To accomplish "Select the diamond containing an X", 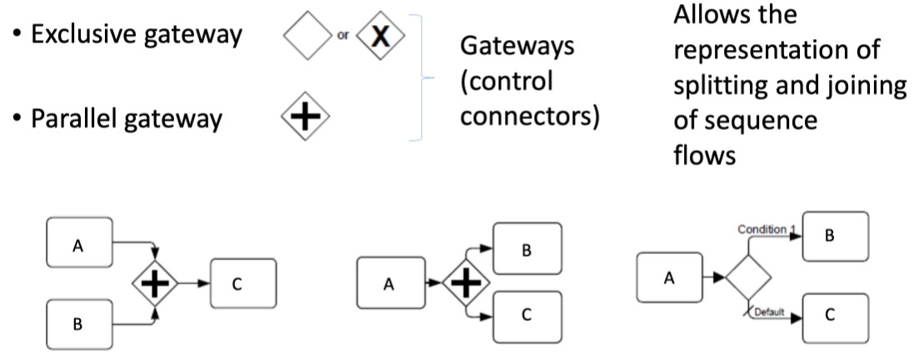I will coord(380,37).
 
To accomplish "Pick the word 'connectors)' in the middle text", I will coord(530,117).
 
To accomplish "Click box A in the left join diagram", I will coord(79,245).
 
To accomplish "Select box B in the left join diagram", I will coord(78,324).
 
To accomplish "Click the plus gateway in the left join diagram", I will coord(157,284).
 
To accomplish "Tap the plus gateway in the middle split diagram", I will coord(464,284).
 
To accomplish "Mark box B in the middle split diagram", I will coord(527,249).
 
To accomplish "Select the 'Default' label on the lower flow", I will coord(772,312).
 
